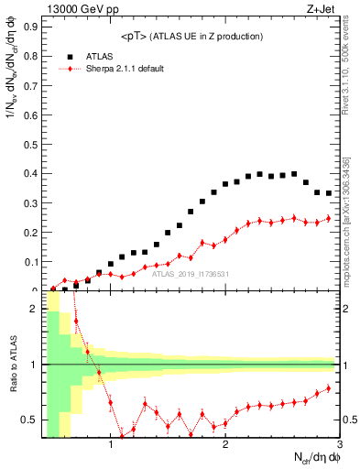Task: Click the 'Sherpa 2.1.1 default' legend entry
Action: point(125,69)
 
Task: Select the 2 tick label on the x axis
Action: point(225,445)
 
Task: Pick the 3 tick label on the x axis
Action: point(339,445)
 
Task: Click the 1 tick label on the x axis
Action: point(111,445)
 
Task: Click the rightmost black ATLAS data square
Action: point(328,193)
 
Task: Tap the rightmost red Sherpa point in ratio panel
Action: point(328,387)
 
